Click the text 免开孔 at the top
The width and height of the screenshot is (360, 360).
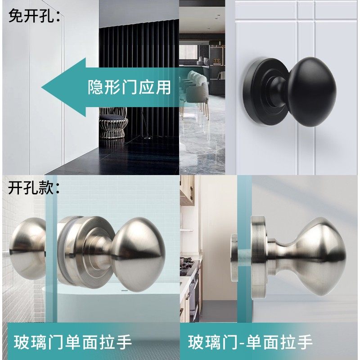[x=34, y=16]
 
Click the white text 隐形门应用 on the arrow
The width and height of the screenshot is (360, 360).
[x=129, y=87]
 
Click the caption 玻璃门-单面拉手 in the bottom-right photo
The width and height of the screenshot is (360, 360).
[x=250, y=342]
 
